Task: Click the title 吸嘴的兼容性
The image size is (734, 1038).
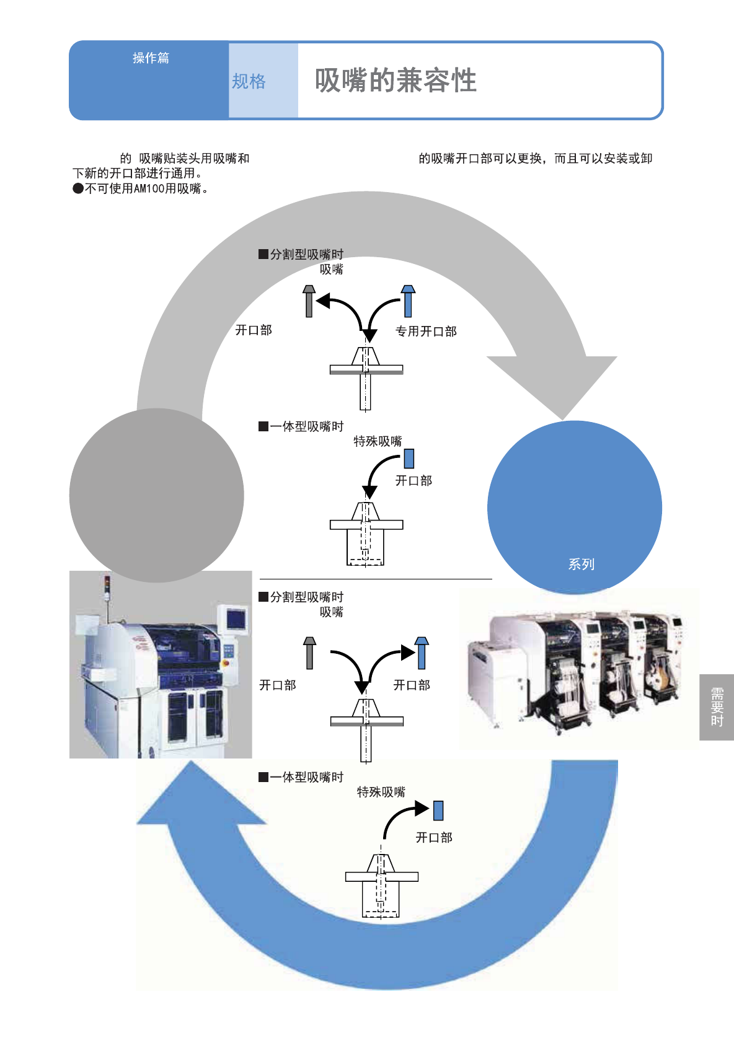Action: [x=396, y=80]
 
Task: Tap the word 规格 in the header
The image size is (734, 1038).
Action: [x=249, y=82]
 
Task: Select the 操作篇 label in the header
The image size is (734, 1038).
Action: [x=151, y=58]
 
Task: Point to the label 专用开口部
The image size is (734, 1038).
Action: [x=426, y=332]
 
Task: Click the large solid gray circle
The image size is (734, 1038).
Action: [x=157, y=495]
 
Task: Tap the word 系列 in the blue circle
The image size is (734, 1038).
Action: [x=581, y=564]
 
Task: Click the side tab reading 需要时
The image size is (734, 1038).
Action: [x=717, y=707]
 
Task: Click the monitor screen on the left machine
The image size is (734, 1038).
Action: [x=236, y=618]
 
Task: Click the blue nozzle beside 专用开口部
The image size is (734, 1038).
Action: [x=408, y=301]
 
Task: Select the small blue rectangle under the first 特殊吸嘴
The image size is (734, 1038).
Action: [x=409, y=459]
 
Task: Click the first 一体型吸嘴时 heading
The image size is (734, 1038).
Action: [x=301, y=426]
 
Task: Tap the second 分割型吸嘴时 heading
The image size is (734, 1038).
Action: [x=301, y=597]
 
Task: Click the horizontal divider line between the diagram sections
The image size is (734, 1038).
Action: [x=376, y=579]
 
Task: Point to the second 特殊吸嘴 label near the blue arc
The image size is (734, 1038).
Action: [x=381, y=792]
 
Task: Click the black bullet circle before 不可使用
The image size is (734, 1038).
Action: [x=78, y=188]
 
